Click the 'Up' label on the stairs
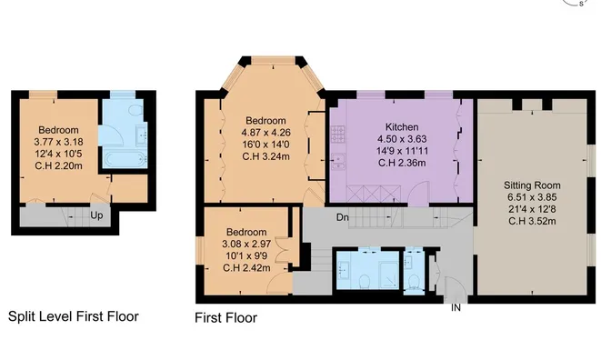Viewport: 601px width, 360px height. [x=96, y=215]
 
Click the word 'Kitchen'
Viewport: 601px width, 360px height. [x=401, y=126]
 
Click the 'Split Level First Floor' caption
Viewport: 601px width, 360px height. [x=73, y=317]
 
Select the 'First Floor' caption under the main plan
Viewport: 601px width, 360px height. [x=226, y=318]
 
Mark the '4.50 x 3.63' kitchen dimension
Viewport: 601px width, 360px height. [x=401, y=139]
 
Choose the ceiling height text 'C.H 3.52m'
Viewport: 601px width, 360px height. [x=532, y=221]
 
